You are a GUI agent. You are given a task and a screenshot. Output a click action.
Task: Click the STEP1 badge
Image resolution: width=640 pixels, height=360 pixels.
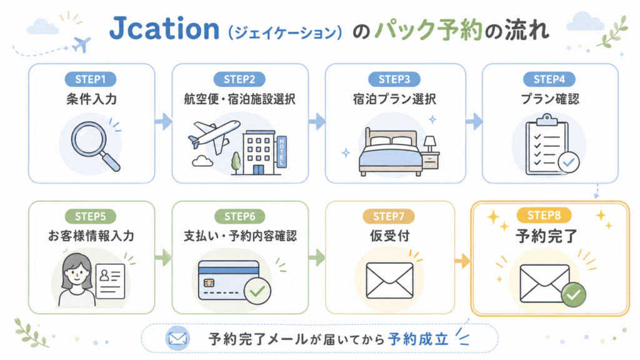(x=90, y=79)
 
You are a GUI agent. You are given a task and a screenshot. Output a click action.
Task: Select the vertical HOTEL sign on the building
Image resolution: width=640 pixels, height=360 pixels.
(x=282, y=151)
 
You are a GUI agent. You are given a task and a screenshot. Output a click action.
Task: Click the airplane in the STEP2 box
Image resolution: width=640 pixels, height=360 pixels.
(x=214, y=135)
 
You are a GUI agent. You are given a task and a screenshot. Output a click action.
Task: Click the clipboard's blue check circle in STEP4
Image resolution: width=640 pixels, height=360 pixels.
(x=568, y=162)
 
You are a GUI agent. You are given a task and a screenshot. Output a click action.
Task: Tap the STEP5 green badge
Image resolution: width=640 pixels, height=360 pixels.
(x=90, y=216)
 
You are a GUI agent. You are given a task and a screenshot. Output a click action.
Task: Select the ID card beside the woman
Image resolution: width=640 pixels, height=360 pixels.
(x=110, y=281)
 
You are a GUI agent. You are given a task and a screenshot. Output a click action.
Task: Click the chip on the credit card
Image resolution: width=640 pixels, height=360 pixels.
(x=209, y=283)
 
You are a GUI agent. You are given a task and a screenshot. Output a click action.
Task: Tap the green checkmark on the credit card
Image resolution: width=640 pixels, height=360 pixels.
(x=257, y=291)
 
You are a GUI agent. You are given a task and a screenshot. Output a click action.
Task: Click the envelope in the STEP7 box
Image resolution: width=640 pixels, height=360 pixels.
(x=389, y=281)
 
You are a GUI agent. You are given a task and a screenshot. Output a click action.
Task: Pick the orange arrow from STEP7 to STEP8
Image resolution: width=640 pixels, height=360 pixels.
(x=462, y=261)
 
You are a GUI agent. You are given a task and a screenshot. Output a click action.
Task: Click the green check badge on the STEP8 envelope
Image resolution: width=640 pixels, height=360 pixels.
(x=574, y=294)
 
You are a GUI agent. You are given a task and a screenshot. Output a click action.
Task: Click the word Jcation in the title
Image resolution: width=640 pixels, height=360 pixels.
(x=164, y=29)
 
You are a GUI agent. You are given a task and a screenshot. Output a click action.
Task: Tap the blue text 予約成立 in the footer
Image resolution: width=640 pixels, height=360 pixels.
(x=418, y=339)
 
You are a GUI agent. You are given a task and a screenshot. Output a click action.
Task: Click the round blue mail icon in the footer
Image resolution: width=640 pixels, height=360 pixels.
(x=177, y=338)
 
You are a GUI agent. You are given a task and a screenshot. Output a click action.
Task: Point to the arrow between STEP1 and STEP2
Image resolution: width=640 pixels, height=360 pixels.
(x=163, y=121)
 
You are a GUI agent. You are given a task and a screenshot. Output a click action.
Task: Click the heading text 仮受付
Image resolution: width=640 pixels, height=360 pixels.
(x=389, y=236)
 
